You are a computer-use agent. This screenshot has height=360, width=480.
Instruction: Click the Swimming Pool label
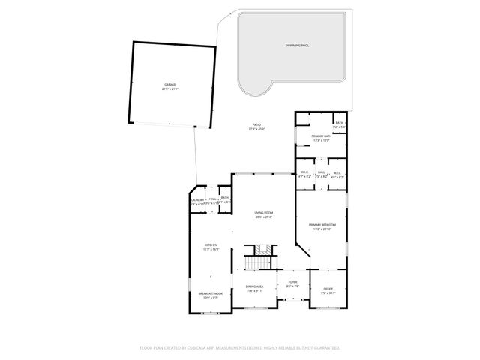pos(297,46)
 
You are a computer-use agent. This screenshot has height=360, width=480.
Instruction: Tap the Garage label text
pos(170,85)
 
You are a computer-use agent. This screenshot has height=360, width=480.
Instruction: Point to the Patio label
pos(256,125)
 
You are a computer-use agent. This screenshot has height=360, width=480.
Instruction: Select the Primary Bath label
pos(321,136)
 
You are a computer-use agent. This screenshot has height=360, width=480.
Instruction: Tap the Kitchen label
pos(211,245)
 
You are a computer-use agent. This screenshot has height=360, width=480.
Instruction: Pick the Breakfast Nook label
pos(208,294)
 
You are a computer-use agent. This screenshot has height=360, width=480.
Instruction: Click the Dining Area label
pos(254,286)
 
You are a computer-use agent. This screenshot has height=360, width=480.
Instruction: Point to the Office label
pos(328,289)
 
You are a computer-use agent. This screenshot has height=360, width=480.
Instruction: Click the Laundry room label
pos(197,200)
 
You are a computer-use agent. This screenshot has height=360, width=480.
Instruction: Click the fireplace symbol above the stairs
pos(262,249)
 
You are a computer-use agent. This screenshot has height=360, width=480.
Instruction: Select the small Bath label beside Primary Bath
pos(339,123)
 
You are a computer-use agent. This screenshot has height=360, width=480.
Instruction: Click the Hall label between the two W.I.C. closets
pos(321,173)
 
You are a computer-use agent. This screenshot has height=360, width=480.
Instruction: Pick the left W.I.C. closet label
pos(304,173)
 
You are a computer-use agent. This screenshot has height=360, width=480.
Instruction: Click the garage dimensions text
pos(170,89)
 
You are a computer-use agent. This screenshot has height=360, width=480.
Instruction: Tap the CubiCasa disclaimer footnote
pos(240,348)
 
